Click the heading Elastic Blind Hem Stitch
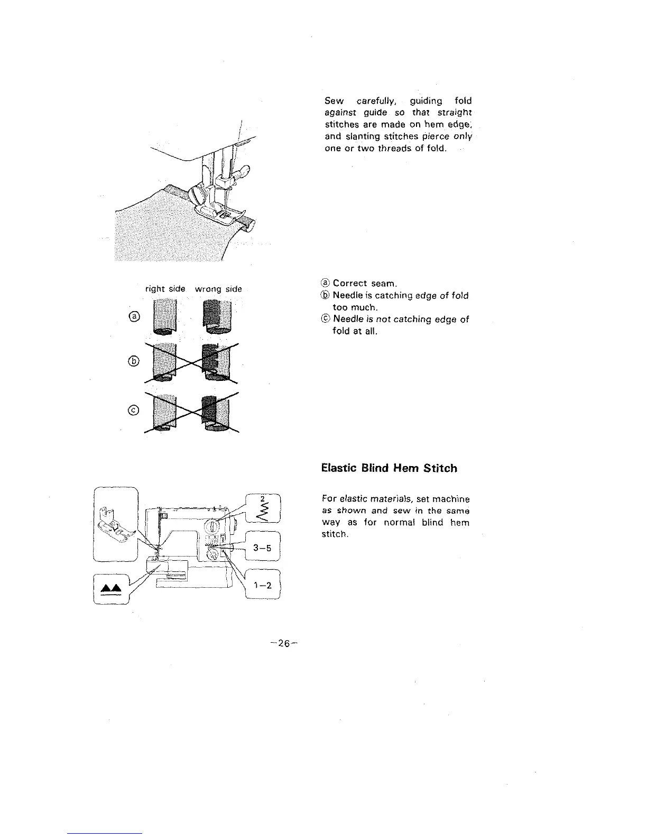pyautogui.click(x=389, y=468)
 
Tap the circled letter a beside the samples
pyautogui.click(x=135, y=316)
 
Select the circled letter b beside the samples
pyautogui.click(x=135, y=361)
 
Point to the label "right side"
pyautogui.click(x=165, y=289)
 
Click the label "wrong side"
pyautogui.click(x=218, y=289)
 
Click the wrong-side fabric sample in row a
pyautogui.click(x=219, y=317)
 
